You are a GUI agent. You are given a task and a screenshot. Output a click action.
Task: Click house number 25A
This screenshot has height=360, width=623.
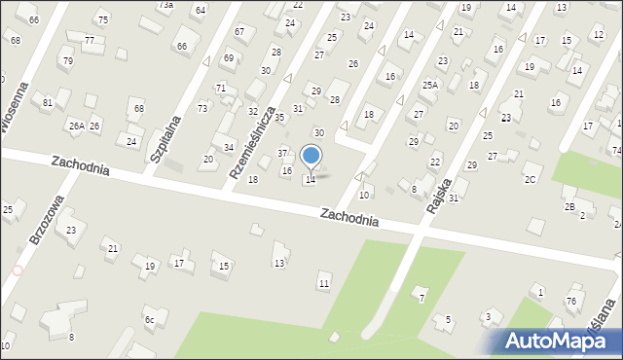pos(429,86)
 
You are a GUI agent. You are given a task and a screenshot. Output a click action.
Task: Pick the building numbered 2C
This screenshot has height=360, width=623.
pos(530,179)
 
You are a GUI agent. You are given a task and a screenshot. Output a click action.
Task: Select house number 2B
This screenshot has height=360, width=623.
pos(569,206)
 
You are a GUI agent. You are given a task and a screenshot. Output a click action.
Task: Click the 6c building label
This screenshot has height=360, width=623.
pos(149,319)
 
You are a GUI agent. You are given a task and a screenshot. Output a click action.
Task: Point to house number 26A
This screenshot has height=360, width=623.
pos(75,126)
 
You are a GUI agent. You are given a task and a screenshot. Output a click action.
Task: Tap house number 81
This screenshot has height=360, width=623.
pos(47,102)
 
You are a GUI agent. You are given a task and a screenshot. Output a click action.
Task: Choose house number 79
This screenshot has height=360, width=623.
pos(67,61)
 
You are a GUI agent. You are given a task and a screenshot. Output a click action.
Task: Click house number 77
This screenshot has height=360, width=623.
pos(90,41)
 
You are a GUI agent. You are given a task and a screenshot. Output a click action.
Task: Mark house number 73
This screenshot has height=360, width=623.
pos(202,108)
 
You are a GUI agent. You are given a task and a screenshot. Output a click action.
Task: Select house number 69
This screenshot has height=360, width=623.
pos(228,58)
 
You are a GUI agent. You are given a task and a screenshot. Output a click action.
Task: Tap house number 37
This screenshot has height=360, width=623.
pos(282,153)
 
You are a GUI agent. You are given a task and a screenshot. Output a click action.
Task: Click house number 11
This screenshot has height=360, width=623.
pos(324,283)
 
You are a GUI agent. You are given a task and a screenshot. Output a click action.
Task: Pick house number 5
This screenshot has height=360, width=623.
pos(448,319)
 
